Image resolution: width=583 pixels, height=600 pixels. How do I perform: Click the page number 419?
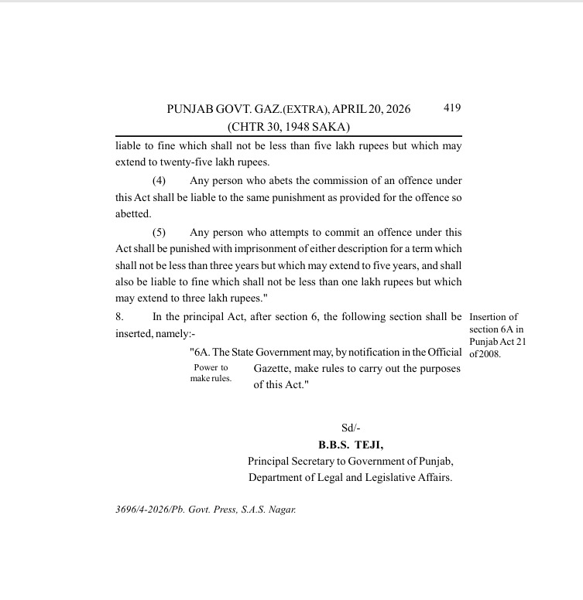(452, 108)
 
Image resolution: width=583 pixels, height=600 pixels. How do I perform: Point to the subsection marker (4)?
(159, 180)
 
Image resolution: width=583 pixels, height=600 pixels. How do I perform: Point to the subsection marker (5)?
(159, 232)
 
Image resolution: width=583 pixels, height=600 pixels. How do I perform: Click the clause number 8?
(119, 316)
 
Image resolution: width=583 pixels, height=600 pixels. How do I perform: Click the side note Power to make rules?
(211, 373)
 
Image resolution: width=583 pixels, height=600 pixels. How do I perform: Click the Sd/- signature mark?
(351, 428)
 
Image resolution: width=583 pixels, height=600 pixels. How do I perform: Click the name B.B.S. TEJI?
(350, 445)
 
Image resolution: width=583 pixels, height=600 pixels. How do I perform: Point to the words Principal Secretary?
(293, 461)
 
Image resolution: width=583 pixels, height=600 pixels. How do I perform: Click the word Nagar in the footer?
(281, 510)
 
